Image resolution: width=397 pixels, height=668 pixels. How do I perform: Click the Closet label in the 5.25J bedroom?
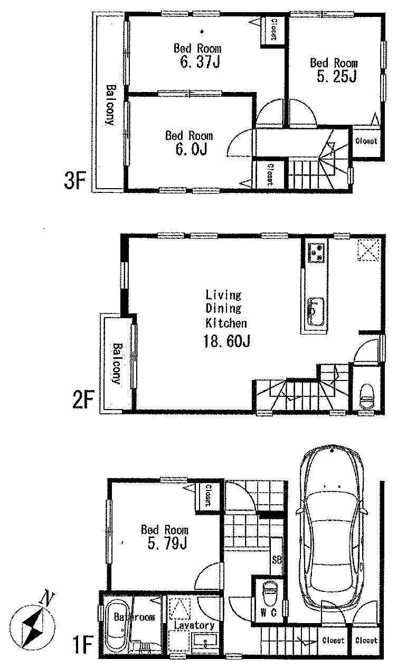point(365,141)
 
